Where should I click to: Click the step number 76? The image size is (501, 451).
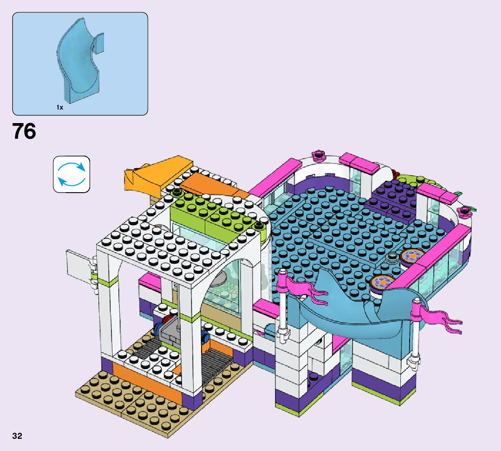tap(24, 131)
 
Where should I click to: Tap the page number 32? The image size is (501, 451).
tap(17, 436)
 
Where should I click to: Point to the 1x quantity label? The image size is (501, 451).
tap(60, 107)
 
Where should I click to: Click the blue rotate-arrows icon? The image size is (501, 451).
tap(71, 174)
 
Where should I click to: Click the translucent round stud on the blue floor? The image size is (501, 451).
tap(392, 257)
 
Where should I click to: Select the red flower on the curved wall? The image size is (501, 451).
tap(395, 174)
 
